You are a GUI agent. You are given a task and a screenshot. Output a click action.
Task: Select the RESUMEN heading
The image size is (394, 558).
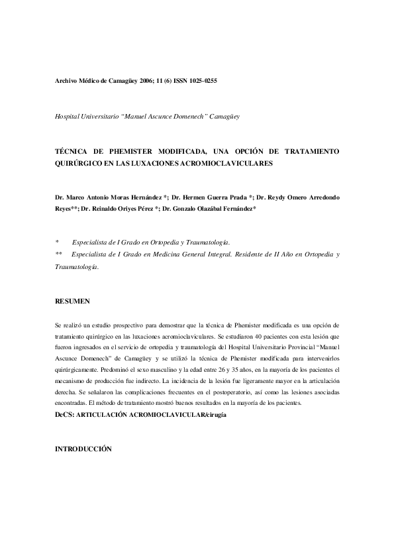(72, 302)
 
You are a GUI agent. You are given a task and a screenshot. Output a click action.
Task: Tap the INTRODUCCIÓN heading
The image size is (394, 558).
(83, 449)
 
